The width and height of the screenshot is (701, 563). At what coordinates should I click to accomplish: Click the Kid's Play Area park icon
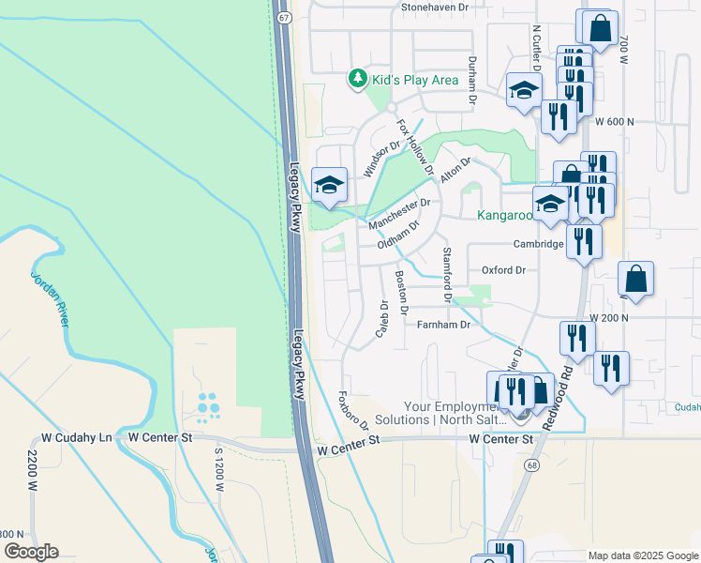357,79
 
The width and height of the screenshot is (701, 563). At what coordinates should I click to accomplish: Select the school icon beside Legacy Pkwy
330,185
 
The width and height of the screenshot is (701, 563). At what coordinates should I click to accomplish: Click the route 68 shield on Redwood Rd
531,465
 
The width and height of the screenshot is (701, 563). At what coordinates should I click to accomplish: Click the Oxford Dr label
503,270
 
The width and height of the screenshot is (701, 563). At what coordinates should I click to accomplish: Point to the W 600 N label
614,122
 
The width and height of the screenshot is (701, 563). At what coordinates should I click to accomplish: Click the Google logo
31,551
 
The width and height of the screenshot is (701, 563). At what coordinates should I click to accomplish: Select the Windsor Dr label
381,157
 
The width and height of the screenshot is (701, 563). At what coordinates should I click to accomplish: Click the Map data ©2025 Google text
643,555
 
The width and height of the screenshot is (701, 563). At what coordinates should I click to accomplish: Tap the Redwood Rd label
565,376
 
